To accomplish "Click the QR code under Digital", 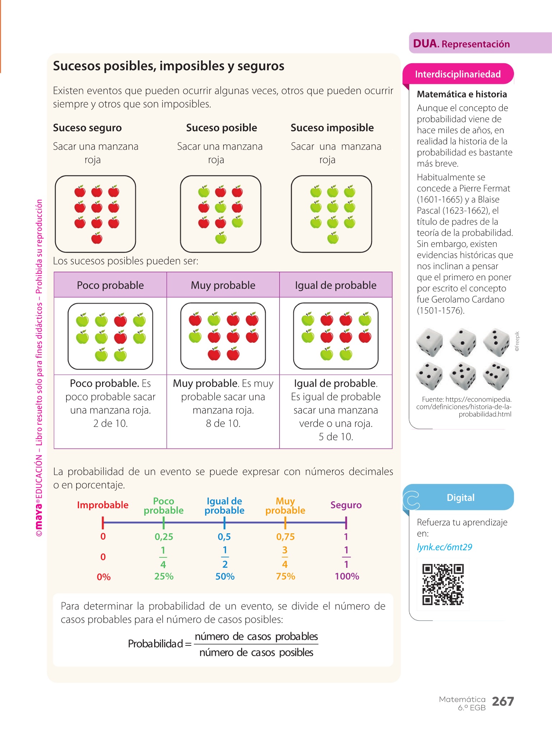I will click(443, 584).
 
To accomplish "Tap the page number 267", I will click(503, 701).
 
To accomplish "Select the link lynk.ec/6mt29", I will click(444, 547).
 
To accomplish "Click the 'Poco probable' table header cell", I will click(110, 285).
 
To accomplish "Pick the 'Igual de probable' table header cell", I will click(336, 285).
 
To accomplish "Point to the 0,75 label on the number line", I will click(285, 537).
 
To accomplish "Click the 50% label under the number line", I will click(225, 576).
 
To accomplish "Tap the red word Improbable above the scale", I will click(103, 505).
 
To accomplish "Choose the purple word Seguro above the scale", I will click(346, 505).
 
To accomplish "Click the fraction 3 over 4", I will click(285, 557).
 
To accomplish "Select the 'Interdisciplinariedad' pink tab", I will click(458, 74).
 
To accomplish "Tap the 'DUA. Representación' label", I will click(461, 44).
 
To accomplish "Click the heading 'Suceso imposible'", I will click(332, 128).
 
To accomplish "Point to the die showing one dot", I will click(429, 342).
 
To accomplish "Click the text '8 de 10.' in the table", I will click(223, 423).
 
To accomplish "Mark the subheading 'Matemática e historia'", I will click(462, 94).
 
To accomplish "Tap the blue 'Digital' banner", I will click(460, 497).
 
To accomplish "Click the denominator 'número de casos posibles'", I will click(256, 652).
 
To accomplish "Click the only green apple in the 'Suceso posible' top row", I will click(204, 192).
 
